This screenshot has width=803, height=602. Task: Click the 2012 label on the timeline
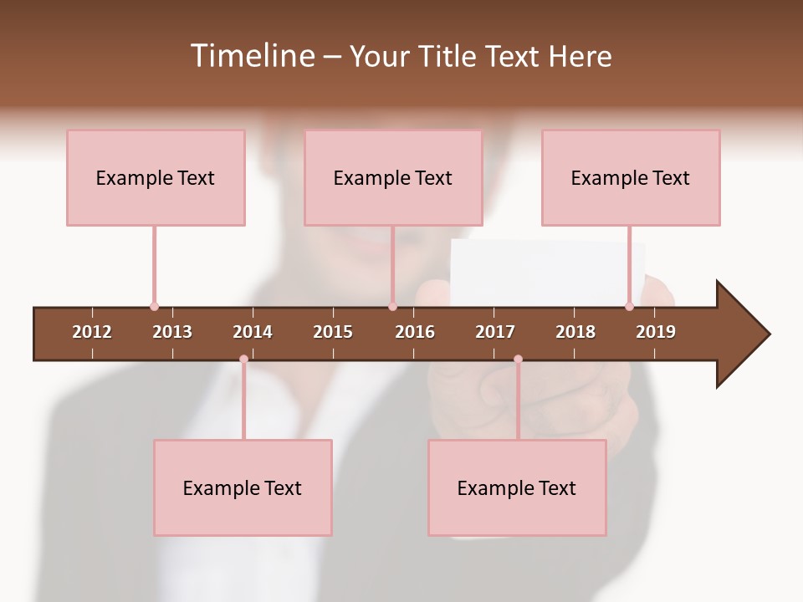(92, 332)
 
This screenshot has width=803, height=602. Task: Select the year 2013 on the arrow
(172, 332)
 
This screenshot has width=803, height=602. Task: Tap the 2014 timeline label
(253, 332)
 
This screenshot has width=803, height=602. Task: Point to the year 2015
(333, 332)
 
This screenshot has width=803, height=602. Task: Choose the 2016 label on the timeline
(415, 332)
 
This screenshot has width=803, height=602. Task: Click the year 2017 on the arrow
(495, 332)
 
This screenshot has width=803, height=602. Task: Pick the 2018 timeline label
(575, 332)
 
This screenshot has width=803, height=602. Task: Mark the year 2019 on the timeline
(656, 332)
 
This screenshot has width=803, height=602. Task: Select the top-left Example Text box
(156, 177)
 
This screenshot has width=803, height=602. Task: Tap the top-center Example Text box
(393, 177)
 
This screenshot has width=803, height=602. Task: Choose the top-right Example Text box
(631, 177)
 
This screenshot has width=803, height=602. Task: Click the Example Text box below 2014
(243, 487)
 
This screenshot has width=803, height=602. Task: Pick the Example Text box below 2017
(517, 487)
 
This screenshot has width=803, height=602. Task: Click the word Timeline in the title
(252, 56)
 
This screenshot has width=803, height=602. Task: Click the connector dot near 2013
(154, 307)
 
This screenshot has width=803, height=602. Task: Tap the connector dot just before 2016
(392, 307)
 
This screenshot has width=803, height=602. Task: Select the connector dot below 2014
(243, 359)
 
